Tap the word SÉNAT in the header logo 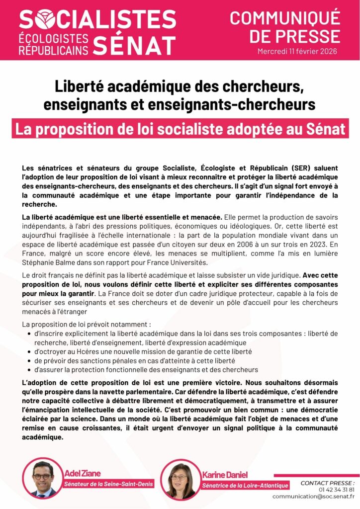[134, 44]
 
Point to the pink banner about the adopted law [180, 129]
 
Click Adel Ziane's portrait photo [43, 479]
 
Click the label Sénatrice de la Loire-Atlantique [245, 485]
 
